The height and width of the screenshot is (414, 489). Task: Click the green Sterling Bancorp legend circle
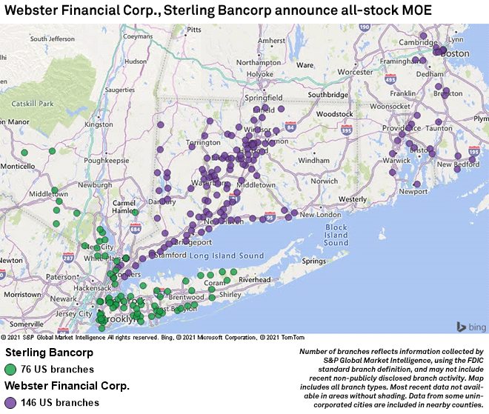11,369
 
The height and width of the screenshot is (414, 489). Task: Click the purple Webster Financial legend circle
11,403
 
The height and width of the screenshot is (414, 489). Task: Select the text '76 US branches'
58,369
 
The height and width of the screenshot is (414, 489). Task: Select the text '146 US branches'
61,403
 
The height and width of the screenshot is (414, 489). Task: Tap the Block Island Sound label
336,235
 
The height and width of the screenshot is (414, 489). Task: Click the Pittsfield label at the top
194,30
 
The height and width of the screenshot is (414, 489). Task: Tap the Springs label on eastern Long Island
313,261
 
